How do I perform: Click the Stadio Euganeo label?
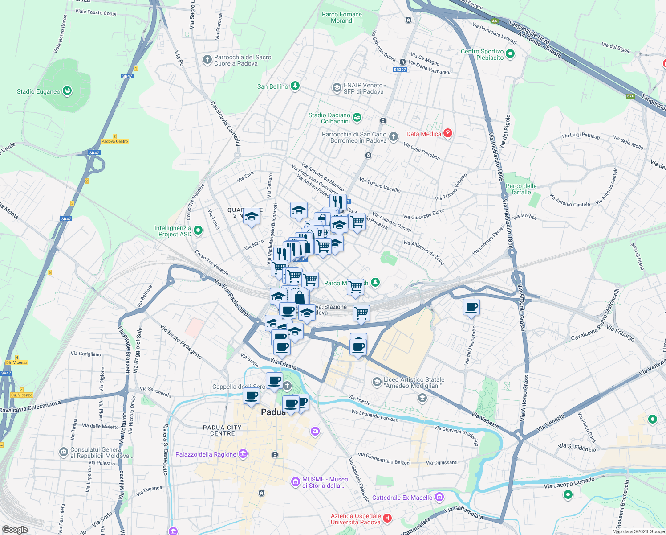click(x=38, y=91)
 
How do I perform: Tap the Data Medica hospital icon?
click(x=448, y=133)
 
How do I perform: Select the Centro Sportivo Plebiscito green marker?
click(x=510, y=54)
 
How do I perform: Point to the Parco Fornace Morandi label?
click(x=342, y=17)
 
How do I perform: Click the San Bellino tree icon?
click(x=295, y=86)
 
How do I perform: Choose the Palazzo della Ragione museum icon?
click(x=243, y=454)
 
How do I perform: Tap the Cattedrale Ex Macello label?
click(x=402, y=498)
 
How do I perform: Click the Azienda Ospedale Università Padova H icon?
click(x=387, y=518)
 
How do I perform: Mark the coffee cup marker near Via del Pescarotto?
click(x=471, y=307)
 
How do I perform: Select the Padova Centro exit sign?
click(x=114, y=141)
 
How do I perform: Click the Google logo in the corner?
click(x=15, y=529)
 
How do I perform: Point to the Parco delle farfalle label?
click(x=521, y=189)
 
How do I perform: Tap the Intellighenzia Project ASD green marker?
click(x=198, y=230)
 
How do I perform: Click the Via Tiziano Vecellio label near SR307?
click(x=380, y=185)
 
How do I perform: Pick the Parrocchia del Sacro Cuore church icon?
click(x=207, y=60)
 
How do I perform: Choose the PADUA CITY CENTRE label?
click(x=222, y=430)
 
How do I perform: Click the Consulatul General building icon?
click(x=63, y=452)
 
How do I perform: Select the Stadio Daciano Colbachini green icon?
click(x=357, y=118)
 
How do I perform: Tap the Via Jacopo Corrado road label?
click(x=569, y=482)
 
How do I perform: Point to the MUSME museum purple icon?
click(x=295, y=482)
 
